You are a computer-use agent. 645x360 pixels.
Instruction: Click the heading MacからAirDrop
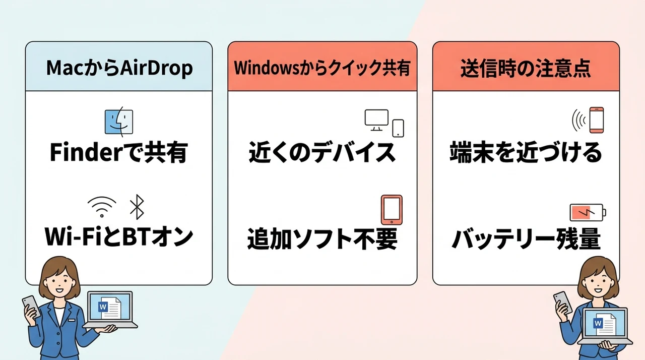pyautogui.click(x=119, y=68)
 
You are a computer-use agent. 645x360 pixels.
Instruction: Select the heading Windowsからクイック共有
pyautogui.click(x=322, y=68)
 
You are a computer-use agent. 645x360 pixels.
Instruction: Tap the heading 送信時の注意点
pyautogui.click(x=526, y=68)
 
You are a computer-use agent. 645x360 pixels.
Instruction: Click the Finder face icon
pyautogui.click(x=118, y=121)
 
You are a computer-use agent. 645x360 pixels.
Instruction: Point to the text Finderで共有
pyautogui.click(x=119, y=152)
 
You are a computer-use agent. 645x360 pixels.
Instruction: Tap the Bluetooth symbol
pyautogui.click(x=137, y=207)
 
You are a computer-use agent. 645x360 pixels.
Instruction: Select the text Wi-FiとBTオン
pyautogui.click(x=119, y=237)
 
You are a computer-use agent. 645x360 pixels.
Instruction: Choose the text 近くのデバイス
pyautogui.click(x=322, y=152)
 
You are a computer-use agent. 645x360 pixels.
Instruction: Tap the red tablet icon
pyautogui.click(x=392, y=210)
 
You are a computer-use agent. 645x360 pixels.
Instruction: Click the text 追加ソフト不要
pyautogui.click(x=322, y=238)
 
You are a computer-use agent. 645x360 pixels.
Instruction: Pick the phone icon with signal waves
pyautogui.click(x=588, y=120)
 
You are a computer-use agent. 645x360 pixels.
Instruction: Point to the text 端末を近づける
pyautogui.click(x=526, y=152)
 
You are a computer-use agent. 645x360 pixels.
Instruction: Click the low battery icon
pyautogui.click(x=588, y=213)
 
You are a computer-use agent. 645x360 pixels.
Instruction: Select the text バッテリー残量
pyautogui.click(x=526, y=238)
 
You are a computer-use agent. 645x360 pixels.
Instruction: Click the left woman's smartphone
pyautogui.click(x=31, y=306)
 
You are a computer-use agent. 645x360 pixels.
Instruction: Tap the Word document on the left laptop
pyautogui.click(x=109, y=308)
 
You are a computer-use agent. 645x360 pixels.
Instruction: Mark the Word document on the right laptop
pyautogui.click(x=605, y=324)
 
